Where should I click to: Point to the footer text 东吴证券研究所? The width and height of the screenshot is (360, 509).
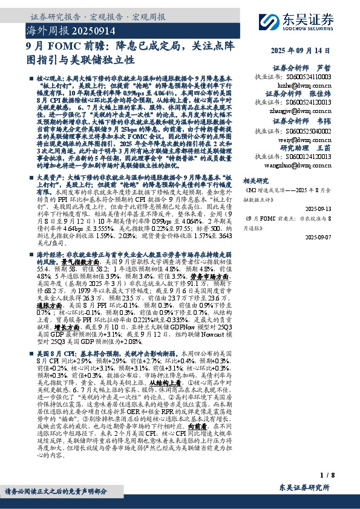(304, 488)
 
